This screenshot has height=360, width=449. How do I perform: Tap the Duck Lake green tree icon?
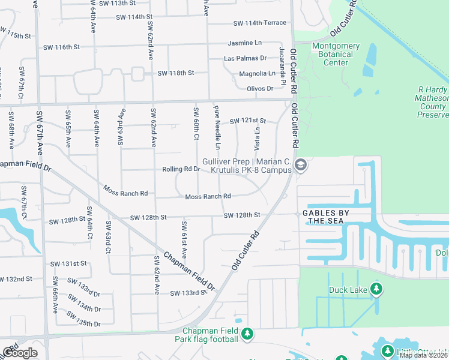[x=376, y=290]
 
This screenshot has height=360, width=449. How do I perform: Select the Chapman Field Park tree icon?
[x=247, y=334]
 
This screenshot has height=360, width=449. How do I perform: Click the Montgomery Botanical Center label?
[x=336, y=54]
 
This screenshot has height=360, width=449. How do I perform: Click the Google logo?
[x=20, y=353]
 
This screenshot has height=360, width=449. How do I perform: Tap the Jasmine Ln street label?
[x=245, y=43]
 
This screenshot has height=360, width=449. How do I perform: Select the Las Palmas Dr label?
[x=245, y=58]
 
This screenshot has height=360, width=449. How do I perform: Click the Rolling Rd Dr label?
[x=181, y=169]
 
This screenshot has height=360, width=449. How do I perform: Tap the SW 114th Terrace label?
[x=260, y=23]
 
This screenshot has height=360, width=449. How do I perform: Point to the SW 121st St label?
[x=248, y=121]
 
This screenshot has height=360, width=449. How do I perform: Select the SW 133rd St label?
[x=188, y=293]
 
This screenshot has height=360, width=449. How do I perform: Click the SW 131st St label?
[x=68, y=263]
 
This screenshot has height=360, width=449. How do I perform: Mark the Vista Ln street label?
[x=258, y=139]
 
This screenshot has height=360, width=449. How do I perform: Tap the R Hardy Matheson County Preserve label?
[x=433, y=102]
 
